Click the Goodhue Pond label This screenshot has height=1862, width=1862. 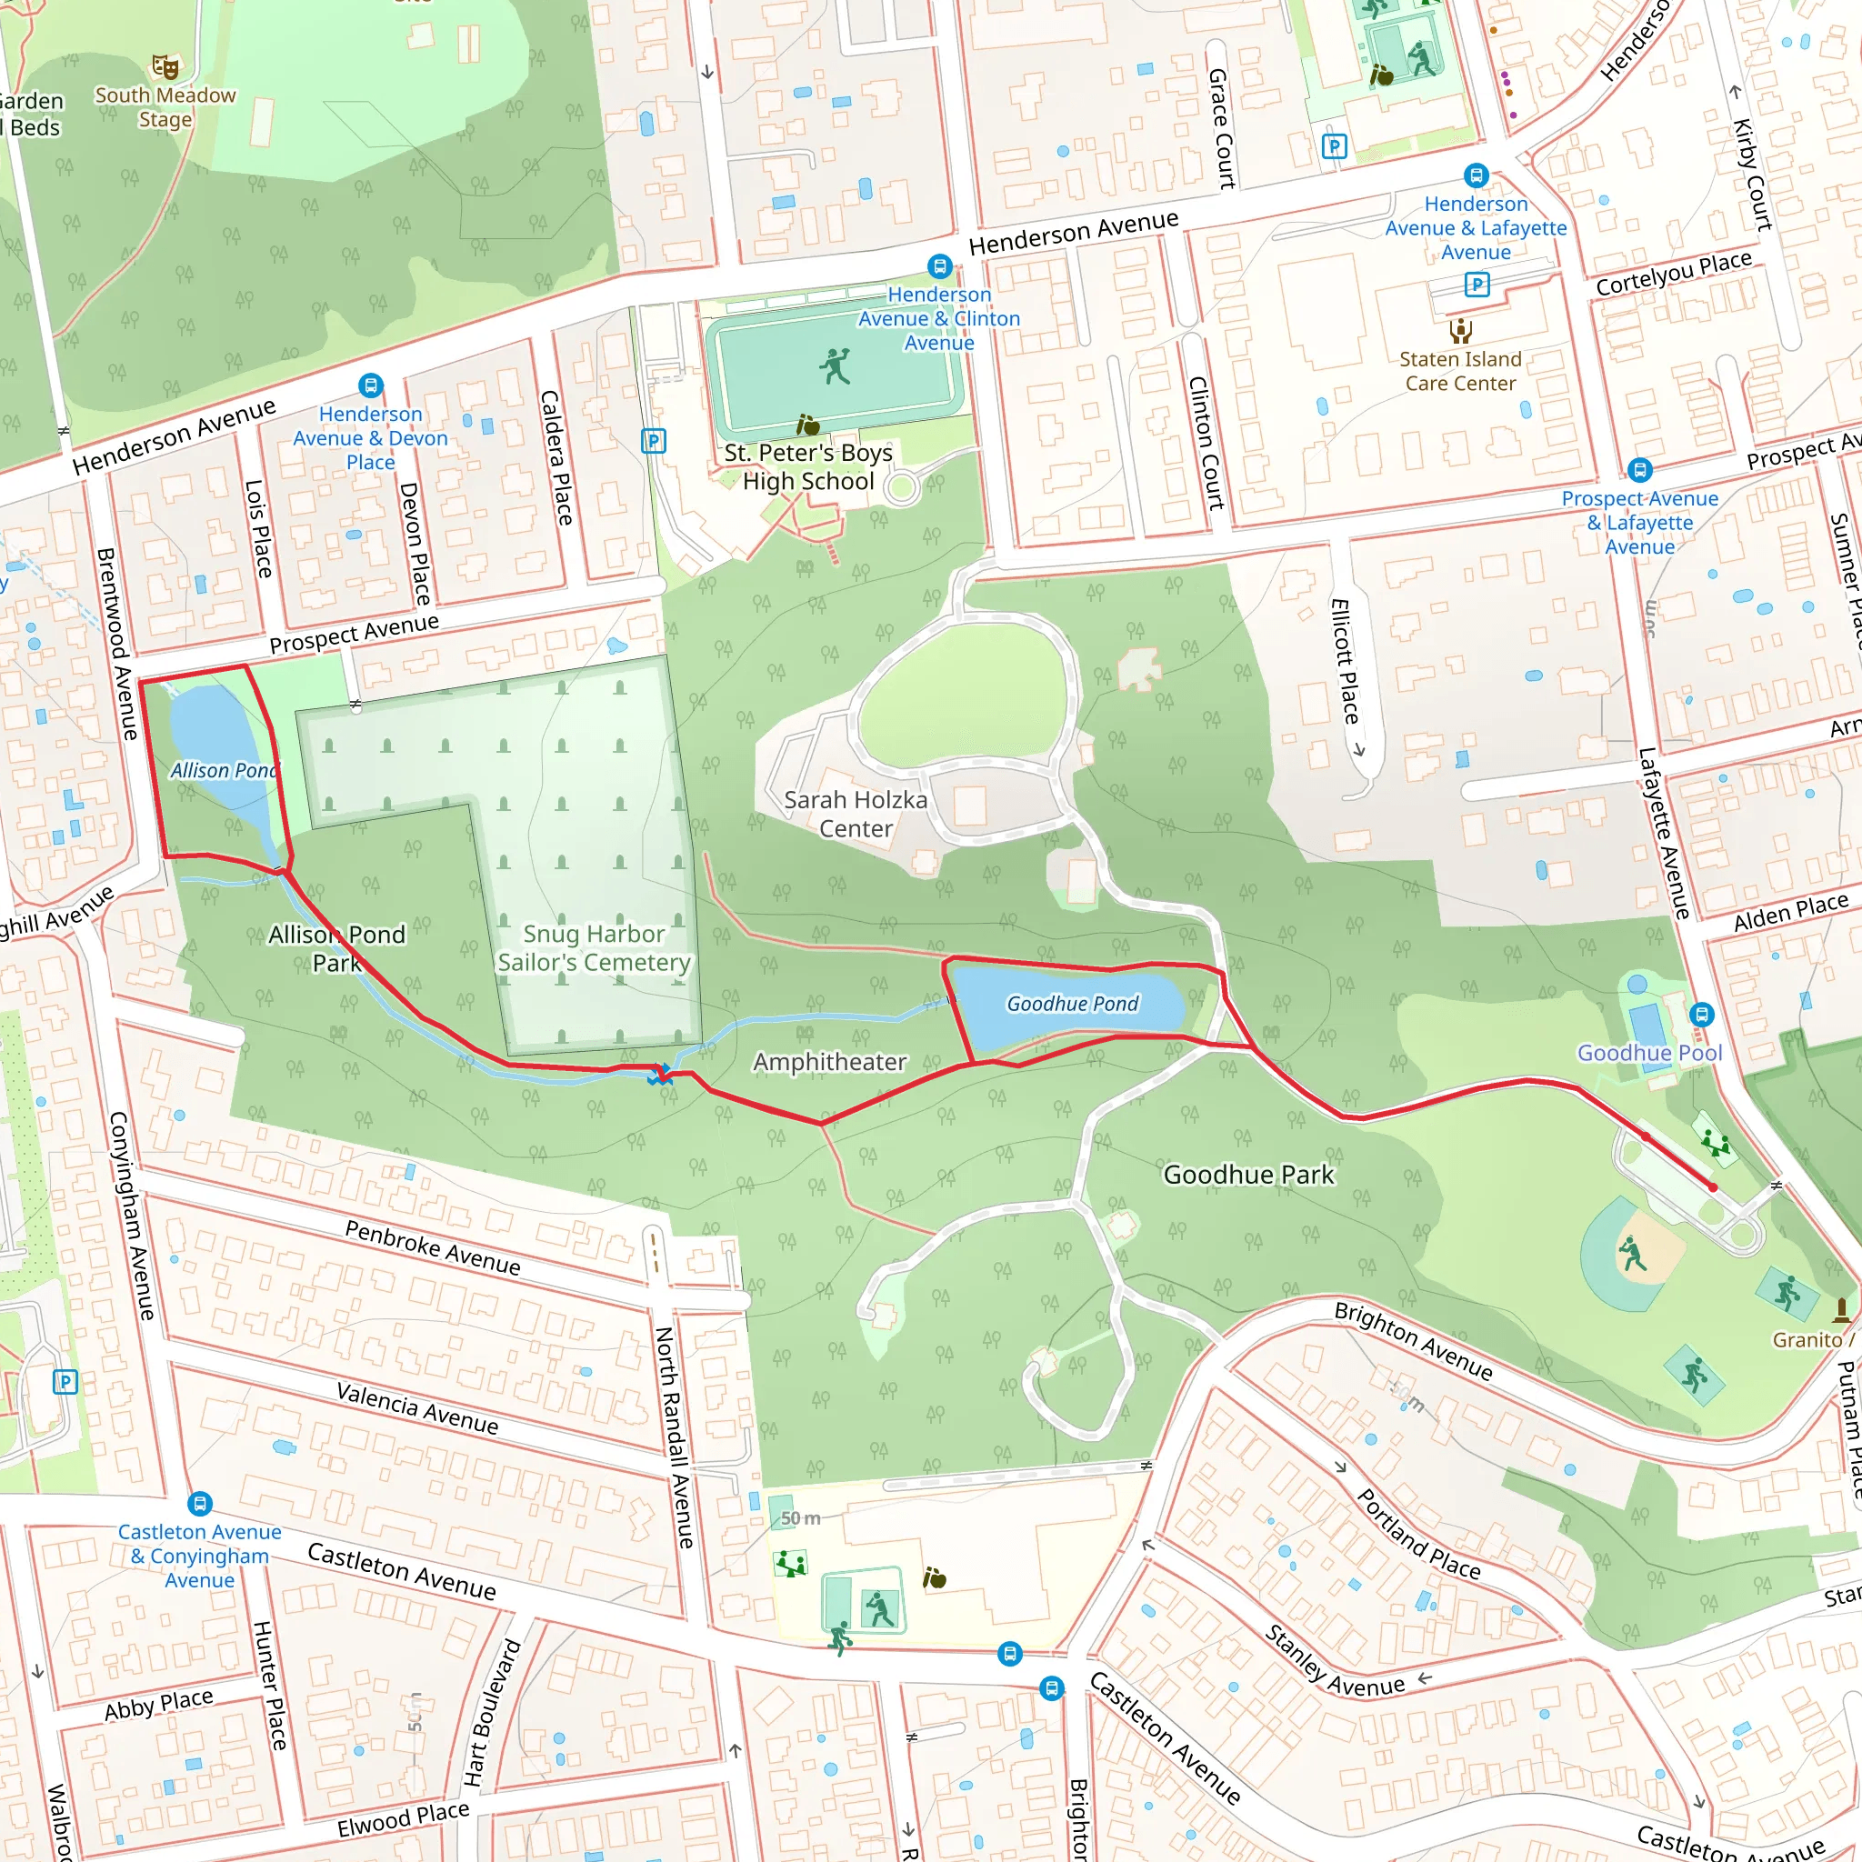[x=1072, y=1004]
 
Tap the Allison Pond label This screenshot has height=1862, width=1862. [x=224, y=770]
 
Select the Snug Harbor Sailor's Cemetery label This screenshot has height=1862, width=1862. [x=594, y=947]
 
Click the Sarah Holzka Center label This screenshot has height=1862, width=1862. [x=855, y=814]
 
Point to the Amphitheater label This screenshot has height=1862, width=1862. [x=829, y=1062]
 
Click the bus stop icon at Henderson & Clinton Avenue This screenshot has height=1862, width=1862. [x=940, y=266]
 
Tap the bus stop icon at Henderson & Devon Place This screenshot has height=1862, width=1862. [x=370, y=385]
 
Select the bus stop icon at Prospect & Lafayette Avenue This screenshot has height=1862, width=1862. [x=1639, y=469]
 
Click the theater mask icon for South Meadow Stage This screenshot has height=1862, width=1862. [x=165, y=66]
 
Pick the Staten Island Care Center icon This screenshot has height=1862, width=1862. [x=1460, y=332]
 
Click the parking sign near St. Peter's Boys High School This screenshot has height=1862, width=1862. [x=654, y=441]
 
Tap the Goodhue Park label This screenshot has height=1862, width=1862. [x=1248, y=1175]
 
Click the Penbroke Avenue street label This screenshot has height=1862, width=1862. [x=432, y=1247]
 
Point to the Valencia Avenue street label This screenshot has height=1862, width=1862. [x=417, y=1407]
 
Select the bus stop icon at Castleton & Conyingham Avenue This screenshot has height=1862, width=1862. [x=199, y=1504]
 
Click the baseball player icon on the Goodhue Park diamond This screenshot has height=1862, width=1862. [x=1631, y=1255]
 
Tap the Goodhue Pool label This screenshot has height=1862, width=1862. [x=1649, y=1053]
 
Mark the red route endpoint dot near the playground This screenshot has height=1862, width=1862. [x=1713, y=1187]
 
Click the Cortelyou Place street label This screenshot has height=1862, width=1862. [x=1673, y=274]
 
